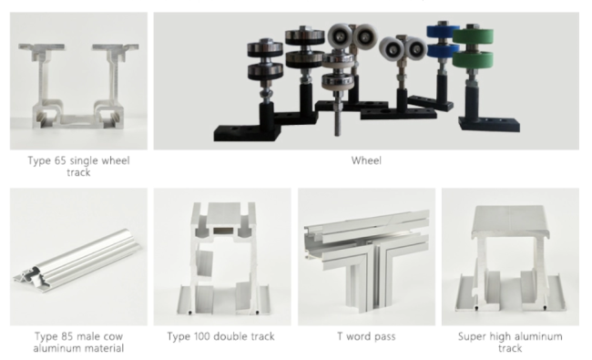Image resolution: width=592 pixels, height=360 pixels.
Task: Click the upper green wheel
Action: (473, 36)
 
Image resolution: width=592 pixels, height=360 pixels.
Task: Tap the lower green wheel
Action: (473, 59)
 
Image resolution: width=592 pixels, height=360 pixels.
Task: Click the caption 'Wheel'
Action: (366, 160)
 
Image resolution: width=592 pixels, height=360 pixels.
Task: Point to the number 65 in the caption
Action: (60, 160)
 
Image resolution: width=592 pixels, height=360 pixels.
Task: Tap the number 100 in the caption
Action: (202, 336)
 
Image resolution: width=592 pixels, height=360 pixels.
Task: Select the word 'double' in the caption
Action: (230, 336)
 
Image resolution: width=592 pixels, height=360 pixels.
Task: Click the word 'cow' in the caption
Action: (115, 337)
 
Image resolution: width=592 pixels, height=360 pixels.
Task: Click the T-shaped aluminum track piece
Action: (367, 257)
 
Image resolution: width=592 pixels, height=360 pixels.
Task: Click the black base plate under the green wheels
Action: (489, 124)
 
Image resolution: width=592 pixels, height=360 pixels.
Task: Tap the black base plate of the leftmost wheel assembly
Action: (248, 133)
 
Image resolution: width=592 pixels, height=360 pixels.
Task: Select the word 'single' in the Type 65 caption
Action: (83, 161)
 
